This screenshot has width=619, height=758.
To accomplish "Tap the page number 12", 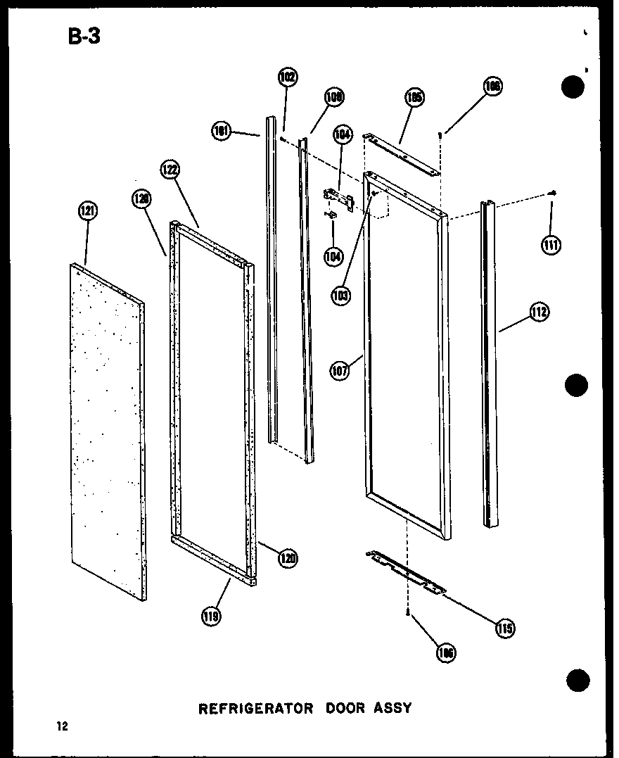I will pos(63,727).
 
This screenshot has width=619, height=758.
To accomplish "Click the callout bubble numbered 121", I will pos(89,210).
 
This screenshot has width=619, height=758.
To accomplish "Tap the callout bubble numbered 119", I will pos(210,617).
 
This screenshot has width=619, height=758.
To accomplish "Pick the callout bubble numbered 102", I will pos(287,77).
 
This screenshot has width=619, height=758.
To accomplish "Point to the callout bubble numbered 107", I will pos(340,370).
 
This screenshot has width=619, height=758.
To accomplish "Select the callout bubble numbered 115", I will pos(504,628).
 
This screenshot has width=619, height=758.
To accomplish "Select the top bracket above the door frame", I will pos(401,153).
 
